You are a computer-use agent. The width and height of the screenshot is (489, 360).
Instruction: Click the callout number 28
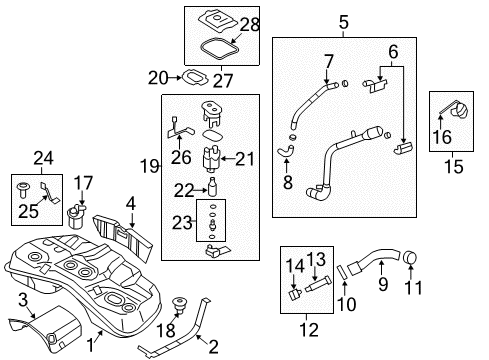(x=248, y=23)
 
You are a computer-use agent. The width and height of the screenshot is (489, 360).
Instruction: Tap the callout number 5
(x=343, y=21)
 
